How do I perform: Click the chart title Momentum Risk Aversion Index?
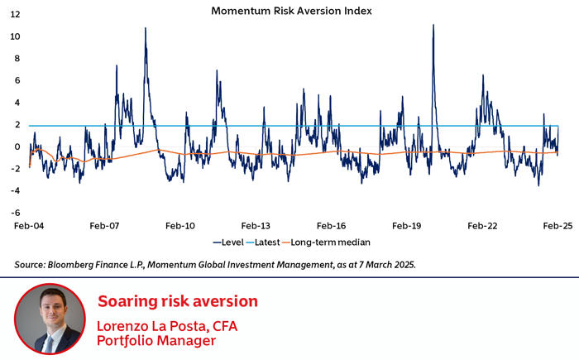[x=291, y=11]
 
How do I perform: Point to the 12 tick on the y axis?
[x=16, y=15]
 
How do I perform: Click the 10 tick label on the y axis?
[x=16, y=37]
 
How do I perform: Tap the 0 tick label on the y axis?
[x=18, y=147]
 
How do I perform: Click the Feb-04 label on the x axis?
[x=29, y=225]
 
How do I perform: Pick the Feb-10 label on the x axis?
[x=179, y=225]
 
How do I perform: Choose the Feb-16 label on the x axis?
[x=330, y=225]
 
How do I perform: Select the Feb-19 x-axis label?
[x=406, y=225]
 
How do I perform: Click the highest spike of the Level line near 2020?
[x=433, y=26]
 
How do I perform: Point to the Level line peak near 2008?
[x=146, y=29]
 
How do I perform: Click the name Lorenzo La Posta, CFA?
[x=167, y=325]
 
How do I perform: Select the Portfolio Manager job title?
[x=156, y=340]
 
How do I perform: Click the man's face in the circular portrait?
[x=50, y=312]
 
